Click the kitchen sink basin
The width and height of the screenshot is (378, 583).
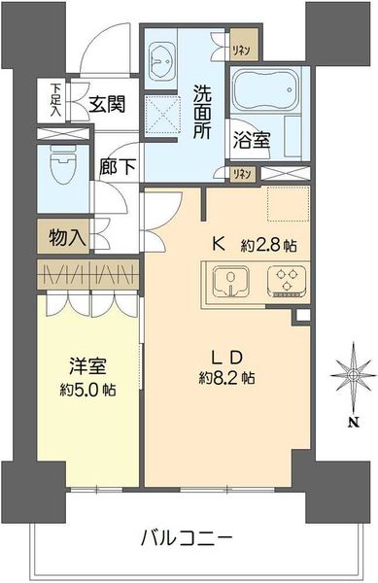tap(230, 282)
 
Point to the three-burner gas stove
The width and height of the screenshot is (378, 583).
tap(287, 282)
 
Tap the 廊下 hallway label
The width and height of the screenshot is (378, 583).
tap(117, 166)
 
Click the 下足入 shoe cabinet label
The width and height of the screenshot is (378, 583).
tap(55, 100)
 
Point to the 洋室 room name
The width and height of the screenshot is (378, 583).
tap(87, 366)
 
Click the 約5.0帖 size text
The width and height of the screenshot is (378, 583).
tap(87, 390)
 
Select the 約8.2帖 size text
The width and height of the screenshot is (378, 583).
tap(226, 378)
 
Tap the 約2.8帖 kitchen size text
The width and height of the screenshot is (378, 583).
tap(268, 245)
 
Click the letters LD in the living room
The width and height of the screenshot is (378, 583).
tap(227, 358)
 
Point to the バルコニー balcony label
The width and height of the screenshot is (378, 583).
tap(187, 537)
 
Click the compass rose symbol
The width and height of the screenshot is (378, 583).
tap(353, 374)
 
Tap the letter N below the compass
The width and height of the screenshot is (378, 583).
tap(354, 422)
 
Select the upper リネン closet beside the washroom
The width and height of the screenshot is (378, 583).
tap(243, 45)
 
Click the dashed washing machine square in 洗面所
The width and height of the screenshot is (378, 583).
tap(162, 115)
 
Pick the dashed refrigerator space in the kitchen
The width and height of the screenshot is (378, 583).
tap(289, 204)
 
